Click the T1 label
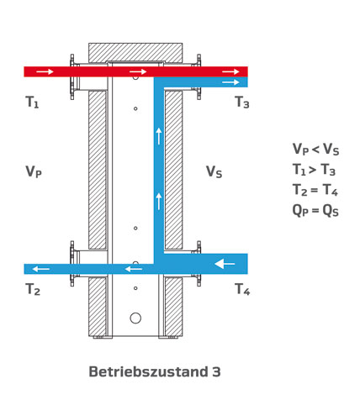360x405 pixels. [32, 102]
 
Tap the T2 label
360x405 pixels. [33, 289]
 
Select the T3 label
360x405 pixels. [242, 102]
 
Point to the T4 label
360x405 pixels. [242, 289]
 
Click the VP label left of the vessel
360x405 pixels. [34, 171]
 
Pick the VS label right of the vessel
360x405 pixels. [214, 171]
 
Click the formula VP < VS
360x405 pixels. [315, 149]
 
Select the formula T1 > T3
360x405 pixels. [314, 170]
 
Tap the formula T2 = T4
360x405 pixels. [315, 190]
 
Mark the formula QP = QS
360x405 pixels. [315, 210]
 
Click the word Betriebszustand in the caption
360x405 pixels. [148, 371]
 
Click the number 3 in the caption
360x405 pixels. [216, 372]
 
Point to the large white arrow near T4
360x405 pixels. [225, 264]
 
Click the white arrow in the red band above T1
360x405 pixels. [45, 71]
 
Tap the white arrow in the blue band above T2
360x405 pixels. [41, 269]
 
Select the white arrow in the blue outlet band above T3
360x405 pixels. [230, 82]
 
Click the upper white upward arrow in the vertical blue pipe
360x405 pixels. [159, 136]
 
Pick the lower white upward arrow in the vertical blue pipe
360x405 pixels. [159, 201]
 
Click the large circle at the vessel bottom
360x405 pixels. [135, 318]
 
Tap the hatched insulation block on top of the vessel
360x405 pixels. [135, 52]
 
